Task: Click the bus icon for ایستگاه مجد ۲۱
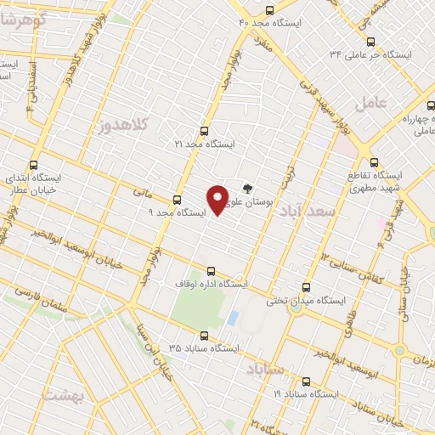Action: pos(203,131)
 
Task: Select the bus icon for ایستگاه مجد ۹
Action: pos(177,200)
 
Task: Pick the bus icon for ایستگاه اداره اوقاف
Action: pos(212,270)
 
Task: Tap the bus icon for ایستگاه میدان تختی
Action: pos(307,287)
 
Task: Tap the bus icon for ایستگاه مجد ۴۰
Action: pos(269,11)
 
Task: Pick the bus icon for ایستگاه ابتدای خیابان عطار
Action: pos(34,165)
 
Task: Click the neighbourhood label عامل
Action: pos(393,102)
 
